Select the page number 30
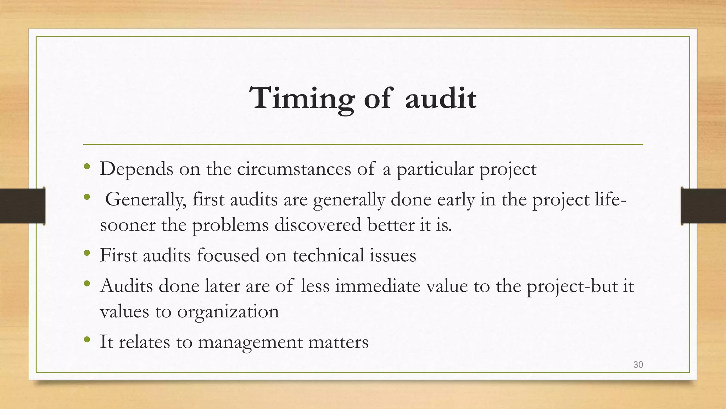(x=638, y=365)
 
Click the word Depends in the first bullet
(x=136, y=169)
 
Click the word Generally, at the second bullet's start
(x=146, y=200)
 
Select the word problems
(x=230, y=225)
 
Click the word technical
(x=329, y=255)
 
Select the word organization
(x=228, y=312)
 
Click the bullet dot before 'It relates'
(x=87, y=340)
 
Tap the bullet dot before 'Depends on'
(x=87, y=167)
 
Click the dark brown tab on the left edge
(x=23, y=206)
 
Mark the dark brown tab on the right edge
(x=703, y=206)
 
